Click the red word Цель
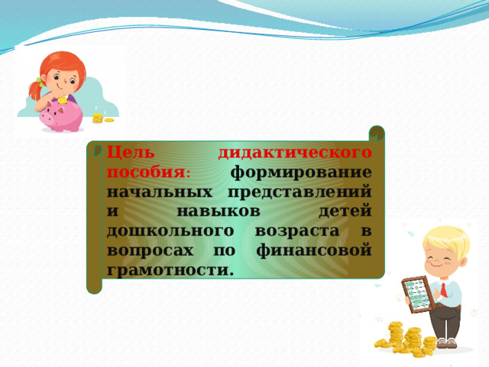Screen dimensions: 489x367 (x=131, y=153)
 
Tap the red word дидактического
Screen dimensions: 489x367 (x=295, y=153)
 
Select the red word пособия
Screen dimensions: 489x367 (x=146, y=173)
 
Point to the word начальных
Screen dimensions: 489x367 (x=160, y=192)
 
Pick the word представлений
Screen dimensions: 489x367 (x=300, y=193)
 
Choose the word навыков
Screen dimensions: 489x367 (x=219, y=212)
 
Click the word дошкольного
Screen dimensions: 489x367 (x=170, y=232)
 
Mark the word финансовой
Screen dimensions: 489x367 (x=314, y=251)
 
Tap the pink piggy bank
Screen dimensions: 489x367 (x=61, y=116)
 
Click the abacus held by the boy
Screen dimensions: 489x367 (x=419, y=294)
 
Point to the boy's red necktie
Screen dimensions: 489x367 (x=443, y=291)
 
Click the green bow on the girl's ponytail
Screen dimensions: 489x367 (x=40, y=83)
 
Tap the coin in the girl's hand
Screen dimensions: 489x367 (x=63, y=100)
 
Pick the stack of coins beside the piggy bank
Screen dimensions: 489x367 (x=98, y=119)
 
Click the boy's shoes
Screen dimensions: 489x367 (x=446, y=343)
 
